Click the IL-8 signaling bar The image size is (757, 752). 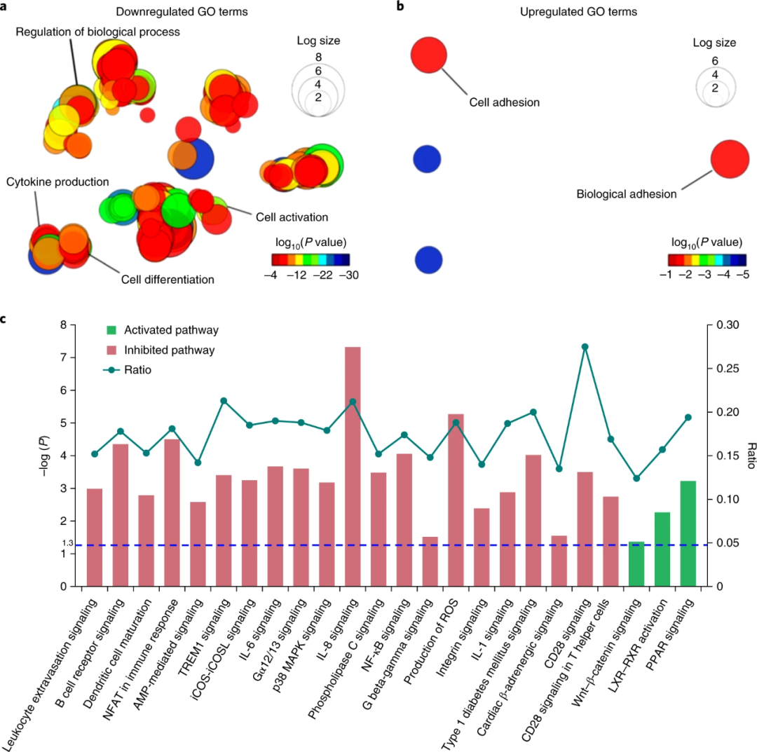click(353, 466)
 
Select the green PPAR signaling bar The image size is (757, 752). click(688, 533)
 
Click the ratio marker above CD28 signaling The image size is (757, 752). click(585, 347)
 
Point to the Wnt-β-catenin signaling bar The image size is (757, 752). click(636, 563)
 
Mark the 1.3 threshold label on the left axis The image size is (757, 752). click(67, 543)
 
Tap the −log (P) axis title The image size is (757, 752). click(50, 456)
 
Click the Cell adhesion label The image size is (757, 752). click(505, 102)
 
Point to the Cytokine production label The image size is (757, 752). click(57, 182)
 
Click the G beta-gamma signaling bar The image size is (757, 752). click(430, 561)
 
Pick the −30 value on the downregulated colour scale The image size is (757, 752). click(348, 275)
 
